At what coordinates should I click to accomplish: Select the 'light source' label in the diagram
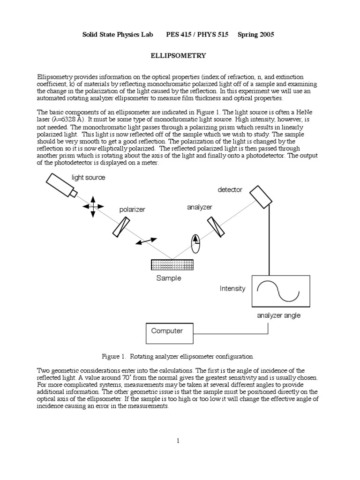tap(88, 178)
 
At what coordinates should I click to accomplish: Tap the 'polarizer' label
tap(132, 210)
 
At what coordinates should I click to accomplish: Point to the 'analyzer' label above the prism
tap(200, 207)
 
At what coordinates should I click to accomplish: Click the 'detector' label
tap(230, 190)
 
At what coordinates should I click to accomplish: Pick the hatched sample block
tap(172, 264)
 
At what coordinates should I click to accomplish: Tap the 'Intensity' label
tap(232, 289)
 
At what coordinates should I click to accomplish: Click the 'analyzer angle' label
tap(278, 315)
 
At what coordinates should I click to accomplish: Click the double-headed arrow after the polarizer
tap(146, 241)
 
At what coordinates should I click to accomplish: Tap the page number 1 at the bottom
tap(178, 440)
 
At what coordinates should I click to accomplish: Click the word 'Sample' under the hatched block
tap(168, 278)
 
